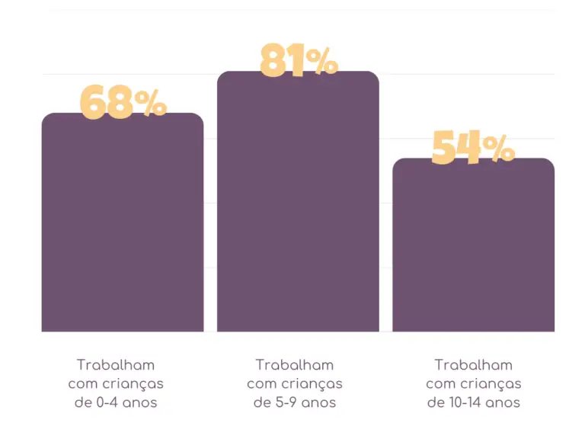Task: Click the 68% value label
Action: click(x=123, y=103)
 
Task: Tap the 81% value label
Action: click(x=298, y=62)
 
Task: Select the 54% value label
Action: click(x=472, y=148)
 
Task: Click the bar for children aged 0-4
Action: click(x=123, y=229)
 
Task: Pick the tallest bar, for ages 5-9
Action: click(x=298, y=206)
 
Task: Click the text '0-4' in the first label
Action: click(x=106, y=402)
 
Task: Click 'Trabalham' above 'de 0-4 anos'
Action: click(x=116, y=365)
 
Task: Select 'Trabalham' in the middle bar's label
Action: click(x=295, y=365)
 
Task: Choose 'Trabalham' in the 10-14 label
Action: click(x=474, y=365)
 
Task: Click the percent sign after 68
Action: click(x=152, y=105)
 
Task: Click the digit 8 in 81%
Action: click(x=276, y=62)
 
